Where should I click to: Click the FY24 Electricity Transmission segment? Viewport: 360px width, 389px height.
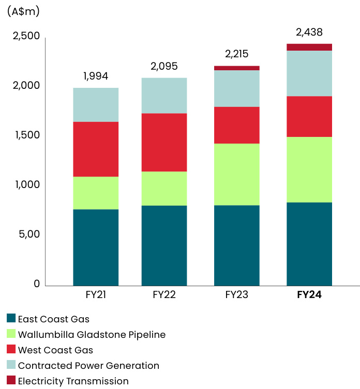[309, 47]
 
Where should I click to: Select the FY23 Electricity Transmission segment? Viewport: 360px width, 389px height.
[237, 68]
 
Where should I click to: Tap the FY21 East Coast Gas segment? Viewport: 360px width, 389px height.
[96, 247]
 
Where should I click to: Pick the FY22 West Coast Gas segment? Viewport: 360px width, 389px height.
[164, 142]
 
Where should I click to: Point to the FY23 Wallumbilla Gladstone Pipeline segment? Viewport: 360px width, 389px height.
[237, 174]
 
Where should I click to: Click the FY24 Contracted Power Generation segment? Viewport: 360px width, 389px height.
[309, 73]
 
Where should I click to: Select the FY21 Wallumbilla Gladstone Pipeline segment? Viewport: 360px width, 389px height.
[96, 193]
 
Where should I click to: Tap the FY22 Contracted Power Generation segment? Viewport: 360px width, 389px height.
[164, 96]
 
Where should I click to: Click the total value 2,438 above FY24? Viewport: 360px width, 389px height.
[309, 32]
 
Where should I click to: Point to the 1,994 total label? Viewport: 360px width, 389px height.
[96, 76]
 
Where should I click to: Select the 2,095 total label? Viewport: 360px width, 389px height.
[164, 66]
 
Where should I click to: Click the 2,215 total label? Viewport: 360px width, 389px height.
[237, 54]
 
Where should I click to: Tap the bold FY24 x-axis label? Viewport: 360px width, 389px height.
[309, 295]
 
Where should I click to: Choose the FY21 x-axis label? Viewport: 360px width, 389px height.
[96, 295]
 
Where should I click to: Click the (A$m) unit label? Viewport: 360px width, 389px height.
[23, 11]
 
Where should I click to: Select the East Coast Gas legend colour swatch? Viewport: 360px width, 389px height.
[11, 319]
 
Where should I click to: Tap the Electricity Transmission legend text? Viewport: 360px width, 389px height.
[73, 381]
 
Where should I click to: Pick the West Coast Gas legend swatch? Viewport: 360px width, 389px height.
[11, 350]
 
